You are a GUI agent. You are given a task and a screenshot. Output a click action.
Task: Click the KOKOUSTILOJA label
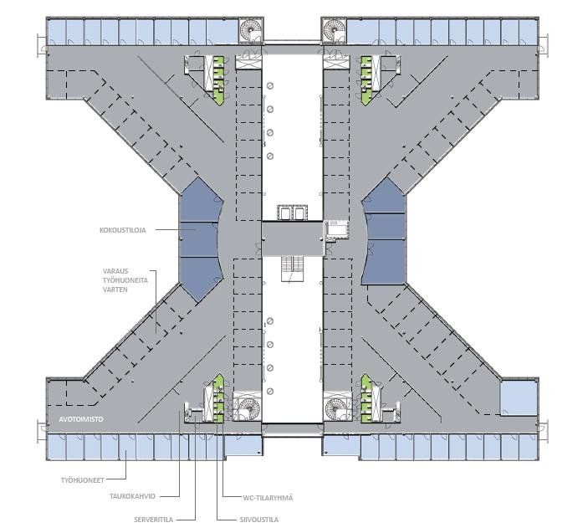(123, 230)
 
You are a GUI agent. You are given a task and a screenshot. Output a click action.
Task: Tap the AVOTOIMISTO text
(81, 419)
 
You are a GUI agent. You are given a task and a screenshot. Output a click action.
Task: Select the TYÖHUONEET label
(83, 480)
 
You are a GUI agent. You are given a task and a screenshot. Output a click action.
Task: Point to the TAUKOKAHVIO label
(132, 496)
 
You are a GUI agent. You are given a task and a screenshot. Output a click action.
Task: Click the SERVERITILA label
(154, 520)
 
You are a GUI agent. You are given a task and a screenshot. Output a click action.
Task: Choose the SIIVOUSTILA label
(259, 520)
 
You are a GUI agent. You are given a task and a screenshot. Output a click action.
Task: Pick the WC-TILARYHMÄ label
(268, 498)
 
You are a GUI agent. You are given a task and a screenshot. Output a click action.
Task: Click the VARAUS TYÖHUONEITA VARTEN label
(125, 280)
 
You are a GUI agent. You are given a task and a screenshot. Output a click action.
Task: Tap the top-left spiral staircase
(250, 29)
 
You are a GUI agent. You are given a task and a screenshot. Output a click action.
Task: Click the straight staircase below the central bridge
(292, 269)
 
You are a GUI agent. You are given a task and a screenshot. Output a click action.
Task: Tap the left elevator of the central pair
(284, 213)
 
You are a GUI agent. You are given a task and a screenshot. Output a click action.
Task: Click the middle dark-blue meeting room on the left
(198, 239)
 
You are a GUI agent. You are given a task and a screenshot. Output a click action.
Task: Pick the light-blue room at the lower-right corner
(519, 397)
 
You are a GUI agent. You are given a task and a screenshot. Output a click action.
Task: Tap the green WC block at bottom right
(366, 398)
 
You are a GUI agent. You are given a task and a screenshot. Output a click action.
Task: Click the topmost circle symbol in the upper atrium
(270, 86)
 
